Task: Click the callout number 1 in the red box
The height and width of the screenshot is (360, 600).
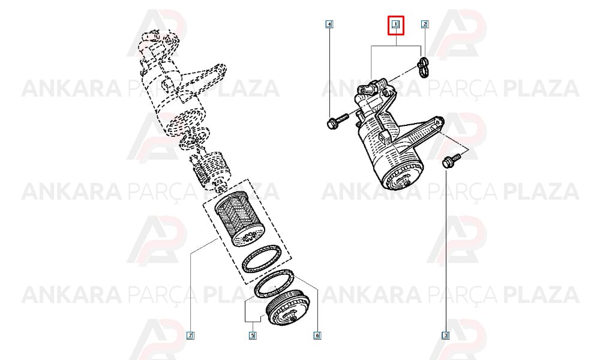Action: [x=395, y=25]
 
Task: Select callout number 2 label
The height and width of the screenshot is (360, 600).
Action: [x=424, y=25]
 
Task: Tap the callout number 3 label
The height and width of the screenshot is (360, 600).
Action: [x=445, y=335]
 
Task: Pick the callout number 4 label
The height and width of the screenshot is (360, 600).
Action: [x=329, y=25]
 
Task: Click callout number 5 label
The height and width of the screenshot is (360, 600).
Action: [x=252, y=335]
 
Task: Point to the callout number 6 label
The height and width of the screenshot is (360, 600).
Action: [x=317, y=335]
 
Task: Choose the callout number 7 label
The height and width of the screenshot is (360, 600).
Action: [x=190, y=335]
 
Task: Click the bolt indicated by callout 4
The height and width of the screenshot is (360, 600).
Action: [x=337, y=120]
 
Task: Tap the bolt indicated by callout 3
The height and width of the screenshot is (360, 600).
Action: [x=452, y=160]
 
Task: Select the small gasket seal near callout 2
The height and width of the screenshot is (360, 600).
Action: [x=423, y=67]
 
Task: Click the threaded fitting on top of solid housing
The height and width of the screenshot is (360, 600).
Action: [x=366, y=89]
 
